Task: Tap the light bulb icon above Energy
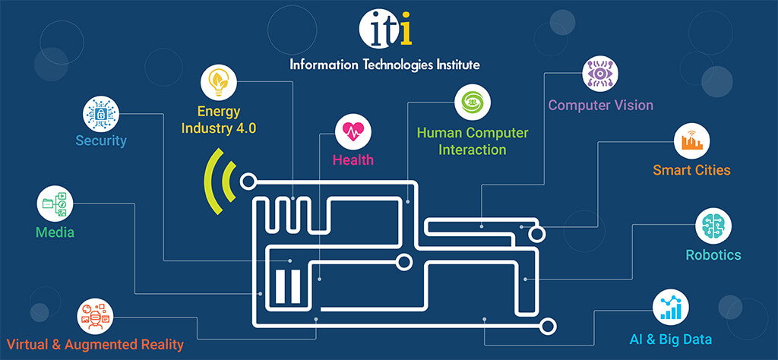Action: [x=219, y=82]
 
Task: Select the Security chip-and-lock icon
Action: [x=101, y=114]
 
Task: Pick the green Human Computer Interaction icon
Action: [x=473, y=102]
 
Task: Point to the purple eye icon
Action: [x=600, y=74]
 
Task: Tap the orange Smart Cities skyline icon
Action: [x=691, y=141]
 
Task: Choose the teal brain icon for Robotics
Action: [x=713, y=226]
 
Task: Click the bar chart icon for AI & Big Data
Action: [x=671, y=308]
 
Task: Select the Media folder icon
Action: [x=55, y=204]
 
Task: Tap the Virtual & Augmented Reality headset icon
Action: [x=95, y=317]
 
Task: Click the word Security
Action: [x=101, y=141]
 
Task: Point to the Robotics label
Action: [x=713, y=255]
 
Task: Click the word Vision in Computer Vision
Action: [x=633, y=105]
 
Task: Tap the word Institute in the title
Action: [x=456, y=65]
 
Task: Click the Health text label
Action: [x=353, y=159]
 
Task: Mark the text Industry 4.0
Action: [x=219, y=128]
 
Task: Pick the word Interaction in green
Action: [x=473, y=150]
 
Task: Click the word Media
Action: [x=55, y=232]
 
